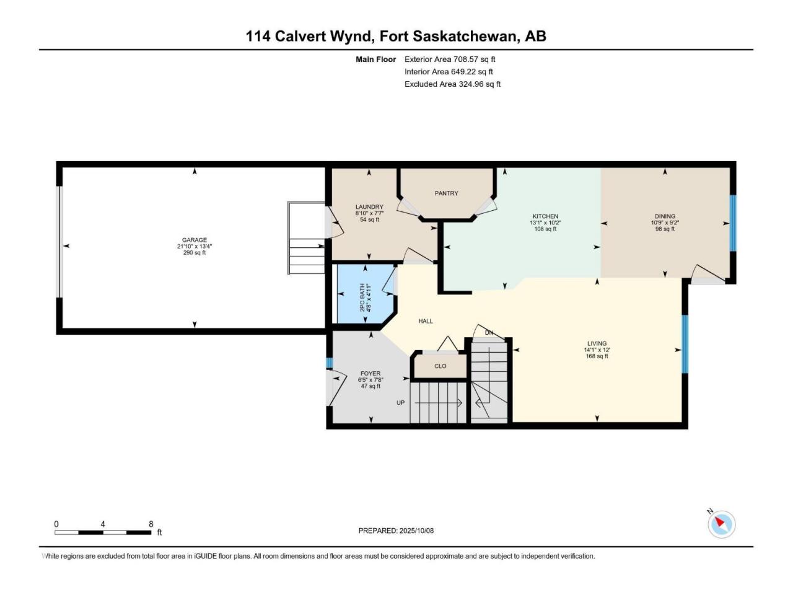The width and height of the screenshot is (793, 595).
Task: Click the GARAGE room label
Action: tap(195, 240)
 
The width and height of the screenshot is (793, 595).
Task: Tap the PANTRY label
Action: tap(446, 193)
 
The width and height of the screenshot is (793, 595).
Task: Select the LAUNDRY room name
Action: tap(369, 207)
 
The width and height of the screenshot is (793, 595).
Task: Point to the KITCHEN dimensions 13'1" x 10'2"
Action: tap(545, 223)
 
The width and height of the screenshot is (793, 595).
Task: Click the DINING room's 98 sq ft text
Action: tap(665, 229)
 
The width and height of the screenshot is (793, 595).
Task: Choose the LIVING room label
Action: tap(597, 343)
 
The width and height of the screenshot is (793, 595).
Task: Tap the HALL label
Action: tap(426, 321)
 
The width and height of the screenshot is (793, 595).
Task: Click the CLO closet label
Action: tap(440, 366)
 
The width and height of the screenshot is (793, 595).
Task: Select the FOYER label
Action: tap(370, 374)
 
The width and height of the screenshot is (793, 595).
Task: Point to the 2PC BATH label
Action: tap(362, 298)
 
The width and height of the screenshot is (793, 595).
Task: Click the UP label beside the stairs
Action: tap(401, 403)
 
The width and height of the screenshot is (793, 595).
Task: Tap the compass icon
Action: tap(721, 524)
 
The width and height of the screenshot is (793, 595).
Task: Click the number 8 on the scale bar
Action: tap(151, 524)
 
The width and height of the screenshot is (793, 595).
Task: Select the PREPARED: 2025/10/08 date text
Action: tap(396, 531)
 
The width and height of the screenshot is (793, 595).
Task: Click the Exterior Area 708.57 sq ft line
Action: tap(450, 59)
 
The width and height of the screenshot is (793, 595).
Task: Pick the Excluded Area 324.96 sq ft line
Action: tap(452, 84)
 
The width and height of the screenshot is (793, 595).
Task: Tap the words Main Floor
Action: tap(375, 59)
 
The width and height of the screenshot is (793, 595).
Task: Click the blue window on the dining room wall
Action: tap(733, 223)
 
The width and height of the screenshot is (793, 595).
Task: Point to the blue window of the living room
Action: tap(685, 344)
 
